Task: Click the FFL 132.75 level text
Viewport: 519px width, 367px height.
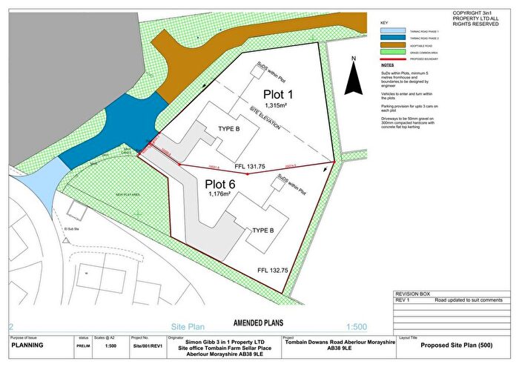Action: pyautogui.click(x=271, y=270)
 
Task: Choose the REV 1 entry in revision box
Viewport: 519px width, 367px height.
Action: pyautogui.click(x=404, y=300)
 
